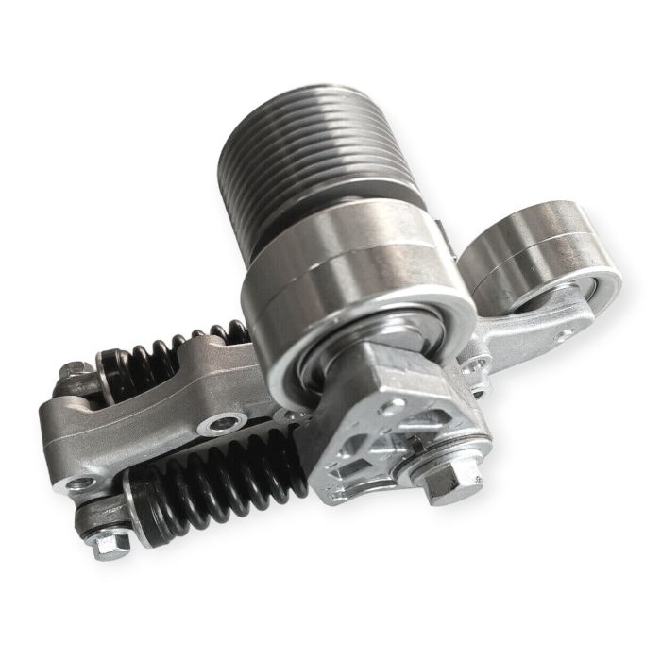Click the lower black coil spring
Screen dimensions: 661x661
(217, 491)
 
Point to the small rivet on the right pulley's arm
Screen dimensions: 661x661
(564, 334)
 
